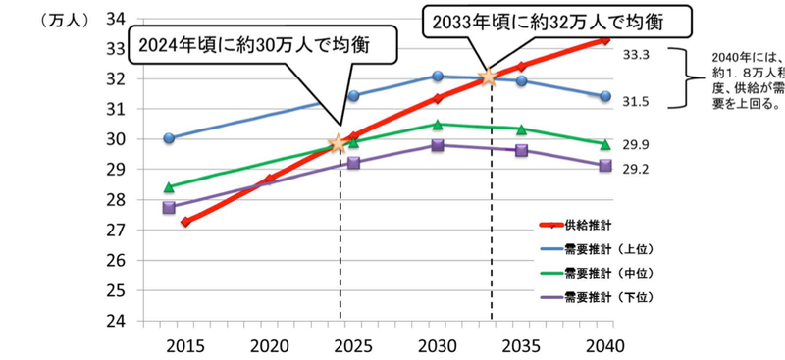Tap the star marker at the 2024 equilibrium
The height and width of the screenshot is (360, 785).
[340, 143]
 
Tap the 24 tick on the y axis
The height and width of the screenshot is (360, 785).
[116, 321]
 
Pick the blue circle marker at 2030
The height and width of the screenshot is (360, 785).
[438, 76]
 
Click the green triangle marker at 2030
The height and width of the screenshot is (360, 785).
[438, 124]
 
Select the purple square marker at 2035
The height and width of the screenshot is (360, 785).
[521, 150]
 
